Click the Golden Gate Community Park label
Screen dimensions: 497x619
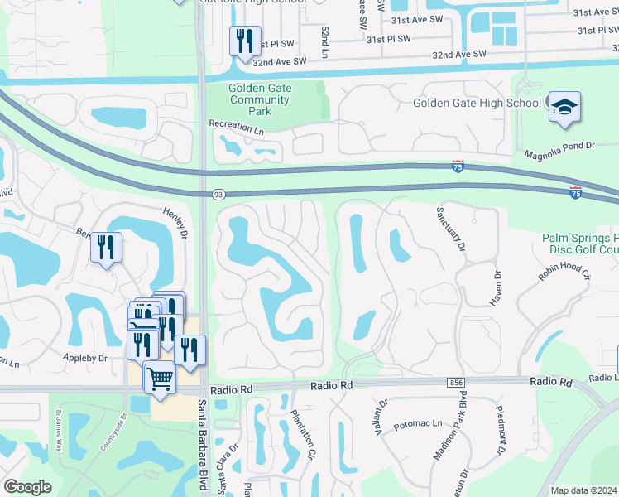point(261,99)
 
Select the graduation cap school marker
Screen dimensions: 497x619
point(565,108)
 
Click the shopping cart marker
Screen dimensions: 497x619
point(160,379)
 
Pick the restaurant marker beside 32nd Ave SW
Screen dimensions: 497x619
point(245,41)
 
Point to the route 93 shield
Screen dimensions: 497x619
point(218,194)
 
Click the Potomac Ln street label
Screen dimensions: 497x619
point(419,423)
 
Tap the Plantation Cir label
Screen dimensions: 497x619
point(302,435)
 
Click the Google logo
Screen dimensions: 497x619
point(27,487)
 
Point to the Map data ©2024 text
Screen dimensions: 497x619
point(584,490)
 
